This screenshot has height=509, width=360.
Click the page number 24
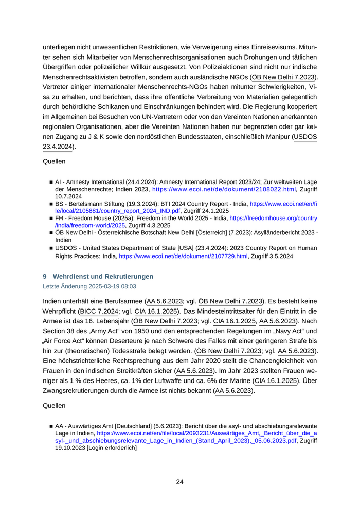tap(179, 482)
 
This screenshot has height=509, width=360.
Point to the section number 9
tap(45, 277)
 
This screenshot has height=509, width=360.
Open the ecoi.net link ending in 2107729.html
tap(184, 256)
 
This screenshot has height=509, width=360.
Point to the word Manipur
tap(275, 137)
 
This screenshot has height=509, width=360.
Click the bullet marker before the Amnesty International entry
tap(51, 183)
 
